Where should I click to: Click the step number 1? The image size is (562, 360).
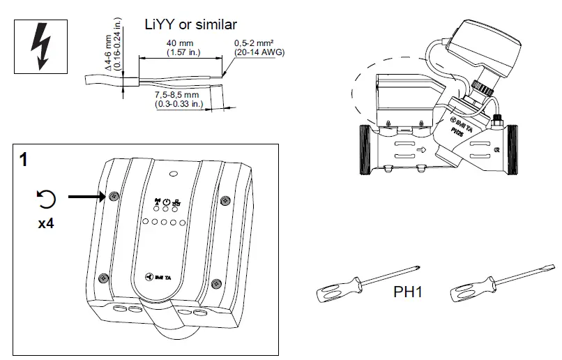pyautogui.click(x=24, y=160)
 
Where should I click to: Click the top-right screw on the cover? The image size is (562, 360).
pyautogui.click(x=224, y=201)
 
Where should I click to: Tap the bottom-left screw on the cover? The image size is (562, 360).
pyautogui.click(x=103, y=278)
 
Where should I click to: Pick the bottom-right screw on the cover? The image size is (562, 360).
pyautogui.click(x=215, y=283)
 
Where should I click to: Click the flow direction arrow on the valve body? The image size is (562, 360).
pyautogui.click(x=420, y=149)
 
